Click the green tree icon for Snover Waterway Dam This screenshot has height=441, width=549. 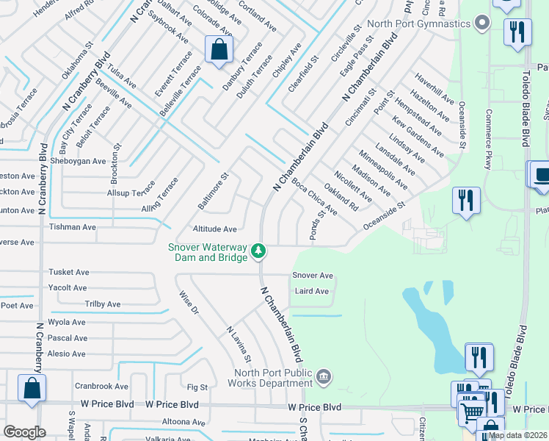coord(258,252)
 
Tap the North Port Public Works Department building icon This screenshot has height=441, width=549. coord(323,378)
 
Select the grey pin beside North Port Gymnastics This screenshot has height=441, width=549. coord(481,24)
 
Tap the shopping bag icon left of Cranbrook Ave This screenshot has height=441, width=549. coord(32,389)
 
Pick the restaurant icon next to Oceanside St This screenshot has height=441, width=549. coord(466,201)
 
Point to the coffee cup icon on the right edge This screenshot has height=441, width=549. coord(542,176)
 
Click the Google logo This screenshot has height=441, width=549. coord(24,432)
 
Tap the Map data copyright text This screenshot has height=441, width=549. coord(517,435)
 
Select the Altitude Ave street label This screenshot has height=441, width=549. coord(214,229)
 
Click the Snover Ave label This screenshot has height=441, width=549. coord(313,276)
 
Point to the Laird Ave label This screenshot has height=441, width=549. coord(312,291)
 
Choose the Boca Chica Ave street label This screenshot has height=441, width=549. coord(314,196)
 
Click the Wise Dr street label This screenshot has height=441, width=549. coord(189,304)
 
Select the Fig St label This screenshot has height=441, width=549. coord(197,387)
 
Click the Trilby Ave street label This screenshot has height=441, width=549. coord(103,304)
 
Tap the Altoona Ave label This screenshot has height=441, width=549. coord(183,423)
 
